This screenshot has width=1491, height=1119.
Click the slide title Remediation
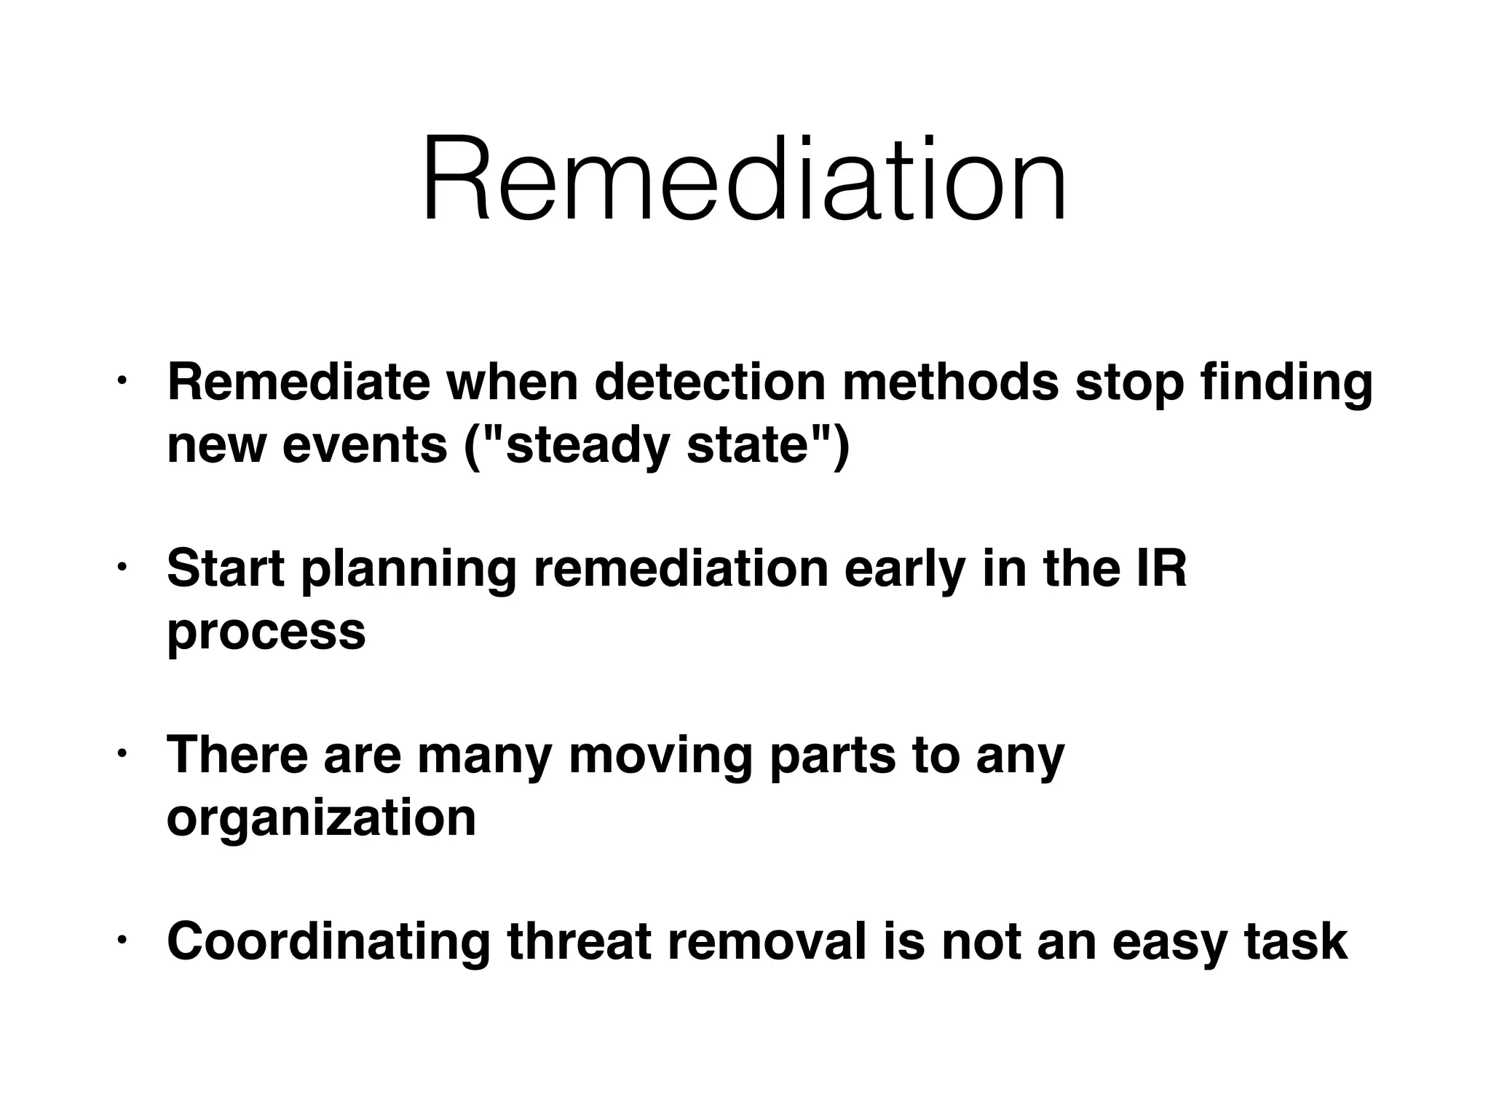pyautogui.click(x=744, y=179)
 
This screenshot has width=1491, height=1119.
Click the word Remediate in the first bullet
pyautogui.click(x=298, y=382)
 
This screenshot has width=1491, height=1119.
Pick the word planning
pyautogui.click(x=408, y=570)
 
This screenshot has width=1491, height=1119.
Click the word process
pyautogui.click(x=266, y=632)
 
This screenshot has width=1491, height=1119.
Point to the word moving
pyautogui.click(x=660, y=756)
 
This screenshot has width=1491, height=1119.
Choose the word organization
pyautogui.click(x=321, y=817)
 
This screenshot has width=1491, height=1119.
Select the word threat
pyautogui.click(x=579, y=941)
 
